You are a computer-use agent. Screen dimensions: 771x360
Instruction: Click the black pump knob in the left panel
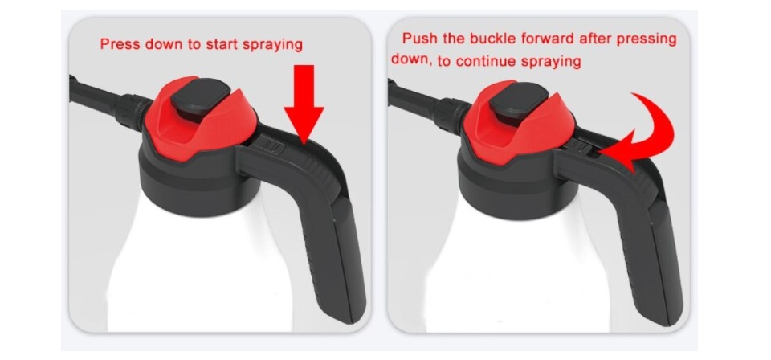(200, 99)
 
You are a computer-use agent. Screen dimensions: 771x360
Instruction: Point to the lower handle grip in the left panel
(333, 256)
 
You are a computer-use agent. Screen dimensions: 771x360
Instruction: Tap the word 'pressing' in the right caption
(647, 39)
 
